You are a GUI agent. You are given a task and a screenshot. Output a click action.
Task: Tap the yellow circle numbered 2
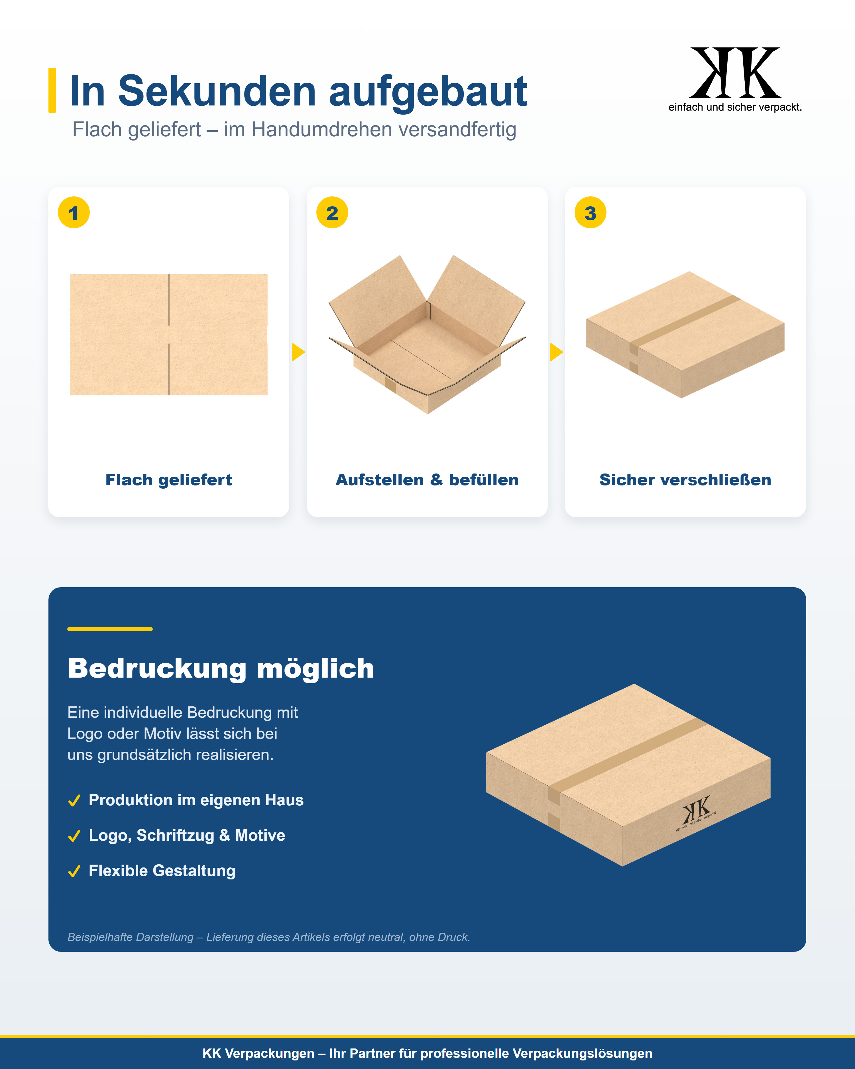(332, 213)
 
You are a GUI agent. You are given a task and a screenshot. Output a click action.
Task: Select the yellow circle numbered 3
(590, 213)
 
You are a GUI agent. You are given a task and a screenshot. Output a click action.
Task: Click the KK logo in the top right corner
(735, 79)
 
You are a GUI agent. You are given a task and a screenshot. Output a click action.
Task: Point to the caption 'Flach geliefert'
(168, 480)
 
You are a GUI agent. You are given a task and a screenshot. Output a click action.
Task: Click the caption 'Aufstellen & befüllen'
(427, 480)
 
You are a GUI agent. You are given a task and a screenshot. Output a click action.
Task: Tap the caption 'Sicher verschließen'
(685, 480)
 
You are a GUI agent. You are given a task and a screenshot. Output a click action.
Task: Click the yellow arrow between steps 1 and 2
(298, 352)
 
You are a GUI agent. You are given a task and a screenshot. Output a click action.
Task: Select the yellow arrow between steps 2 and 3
(556, 352)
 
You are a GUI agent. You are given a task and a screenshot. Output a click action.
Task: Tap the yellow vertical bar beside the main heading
(52, 90)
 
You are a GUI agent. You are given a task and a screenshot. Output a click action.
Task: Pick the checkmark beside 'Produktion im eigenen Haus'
(74, 801)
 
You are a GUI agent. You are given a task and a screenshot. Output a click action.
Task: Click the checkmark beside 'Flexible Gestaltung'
(74, 871)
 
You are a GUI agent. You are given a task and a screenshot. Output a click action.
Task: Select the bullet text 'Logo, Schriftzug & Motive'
(187, 836)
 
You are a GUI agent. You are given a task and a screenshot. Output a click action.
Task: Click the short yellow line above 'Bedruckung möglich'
(110, 629)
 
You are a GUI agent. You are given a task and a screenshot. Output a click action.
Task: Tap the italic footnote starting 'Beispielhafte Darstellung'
(269, 937)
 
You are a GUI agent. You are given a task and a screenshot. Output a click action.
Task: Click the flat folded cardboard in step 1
(168, 335)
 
